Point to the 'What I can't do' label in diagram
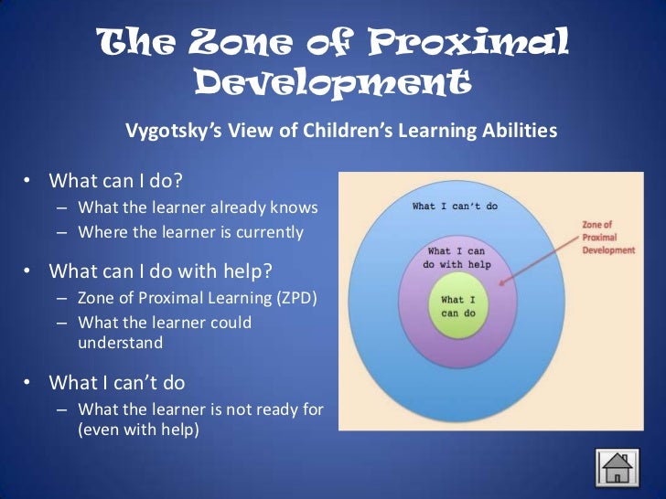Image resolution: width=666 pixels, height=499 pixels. click(455, 206)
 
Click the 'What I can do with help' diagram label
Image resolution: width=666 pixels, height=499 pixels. click(458, 257)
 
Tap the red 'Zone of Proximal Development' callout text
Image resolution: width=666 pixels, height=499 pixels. click(608, 237)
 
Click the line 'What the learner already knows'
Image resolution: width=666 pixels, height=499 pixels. click(198, 207)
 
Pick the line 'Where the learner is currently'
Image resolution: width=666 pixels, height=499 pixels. click(190, 231)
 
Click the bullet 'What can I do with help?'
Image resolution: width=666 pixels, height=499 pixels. click(160, 271)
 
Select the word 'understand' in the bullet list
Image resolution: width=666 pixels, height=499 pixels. click(120, 344)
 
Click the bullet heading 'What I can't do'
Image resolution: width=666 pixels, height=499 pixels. click(121, 381)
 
